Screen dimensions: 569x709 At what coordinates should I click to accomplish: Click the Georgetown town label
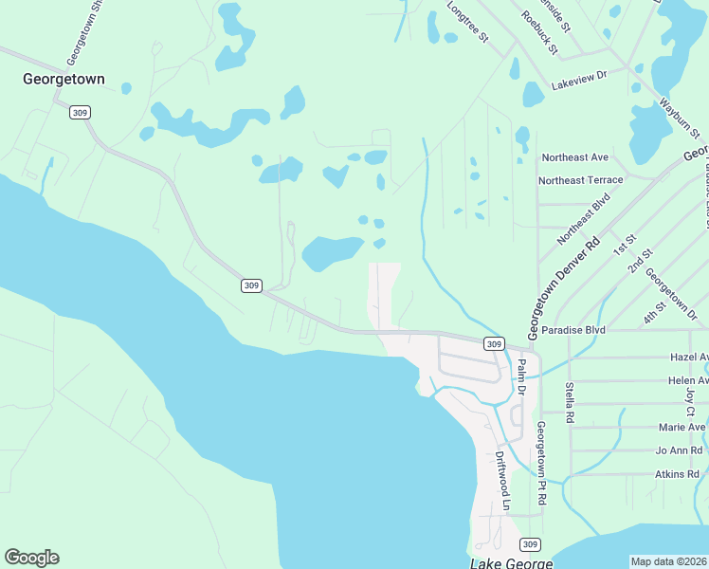click(x=64, y=80)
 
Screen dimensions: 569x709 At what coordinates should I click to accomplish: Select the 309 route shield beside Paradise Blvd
click(x=493, y=343)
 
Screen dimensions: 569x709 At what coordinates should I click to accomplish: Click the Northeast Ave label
click(x=574, y=156)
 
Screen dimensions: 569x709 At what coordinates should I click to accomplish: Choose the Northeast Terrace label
click(x=580, y=179)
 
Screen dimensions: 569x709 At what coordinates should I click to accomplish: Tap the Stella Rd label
click(x=570, y=402)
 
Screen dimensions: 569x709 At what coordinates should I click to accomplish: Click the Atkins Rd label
click(x=677, y=473)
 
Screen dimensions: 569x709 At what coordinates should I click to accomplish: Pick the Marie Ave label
click(x=682, y=427)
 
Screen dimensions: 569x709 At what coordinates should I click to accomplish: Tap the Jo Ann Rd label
click(x=679, y=450)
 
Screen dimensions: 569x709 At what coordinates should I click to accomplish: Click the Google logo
click(x=31, y=558)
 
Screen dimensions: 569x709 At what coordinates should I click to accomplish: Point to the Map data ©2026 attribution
click(x=668, y=560)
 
